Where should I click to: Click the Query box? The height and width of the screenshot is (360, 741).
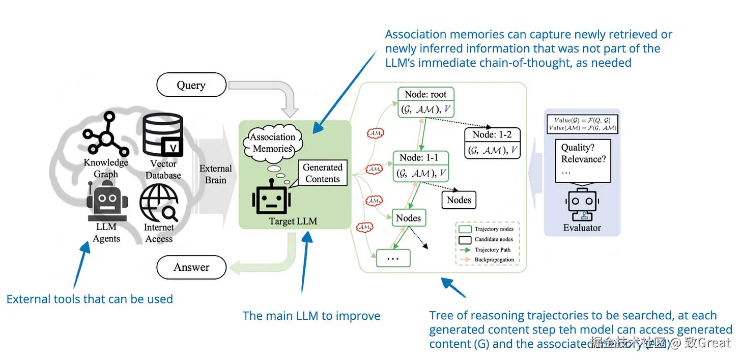[191, 85]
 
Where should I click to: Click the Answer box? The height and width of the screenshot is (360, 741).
[191, 267]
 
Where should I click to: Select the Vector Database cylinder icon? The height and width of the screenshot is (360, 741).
[162, 134]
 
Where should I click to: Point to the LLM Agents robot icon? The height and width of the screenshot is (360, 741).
[106, 202]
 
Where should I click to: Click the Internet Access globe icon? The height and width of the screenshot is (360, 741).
[159, 202]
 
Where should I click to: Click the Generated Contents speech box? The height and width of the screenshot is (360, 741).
[322, 173]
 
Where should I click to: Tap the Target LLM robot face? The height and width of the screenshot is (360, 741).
[271, 199]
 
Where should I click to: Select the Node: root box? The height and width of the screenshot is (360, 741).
[425, 102]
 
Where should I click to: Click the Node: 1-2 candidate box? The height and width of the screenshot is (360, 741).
[492, 142]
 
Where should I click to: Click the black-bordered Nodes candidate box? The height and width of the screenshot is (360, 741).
[459, 200]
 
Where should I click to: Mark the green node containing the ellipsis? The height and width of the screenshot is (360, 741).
[393, 258]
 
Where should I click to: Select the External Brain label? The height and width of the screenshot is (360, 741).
[216, 174]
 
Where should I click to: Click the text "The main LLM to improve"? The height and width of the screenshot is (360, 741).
[311, 316]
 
